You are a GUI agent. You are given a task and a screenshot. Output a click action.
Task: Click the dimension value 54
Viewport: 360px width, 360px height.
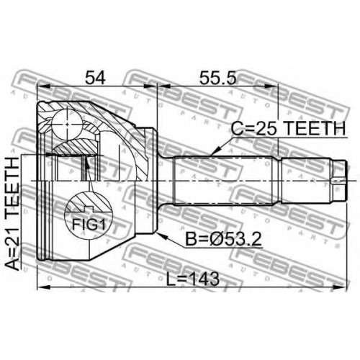click(x=96, y=78)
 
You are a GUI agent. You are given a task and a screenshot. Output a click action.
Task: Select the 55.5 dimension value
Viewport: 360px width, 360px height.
click(x=218, y=78)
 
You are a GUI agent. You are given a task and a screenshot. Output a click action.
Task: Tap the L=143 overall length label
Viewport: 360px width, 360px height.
click(x=193, y=279)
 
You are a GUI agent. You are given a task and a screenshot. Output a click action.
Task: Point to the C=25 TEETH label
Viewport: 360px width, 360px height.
click(x=288, y=128)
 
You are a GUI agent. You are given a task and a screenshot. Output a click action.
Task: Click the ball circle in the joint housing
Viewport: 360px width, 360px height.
click(x=68, y=124)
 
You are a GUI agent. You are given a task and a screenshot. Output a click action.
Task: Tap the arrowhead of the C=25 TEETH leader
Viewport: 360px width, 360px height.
click(x=215, y=152)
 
